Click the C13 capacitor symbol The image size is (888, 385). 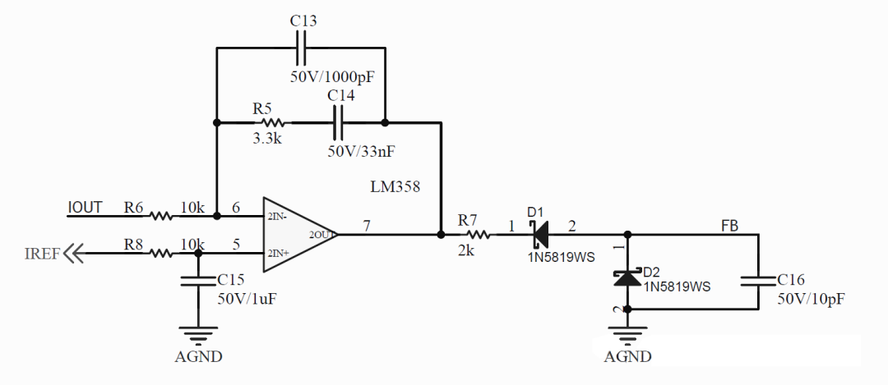coord(301,48)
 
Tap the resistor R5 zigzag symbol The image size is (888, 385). coord(273,122)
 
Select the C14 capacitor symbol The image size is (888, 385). coord(338,122)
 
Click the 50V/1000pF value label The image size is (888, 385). coord(333,77)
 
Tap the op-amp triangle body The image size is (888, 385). coord(301,235)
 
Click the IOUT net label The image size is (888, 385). coord(85,208)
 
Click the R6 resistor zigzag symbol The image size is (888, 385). coord(161,215)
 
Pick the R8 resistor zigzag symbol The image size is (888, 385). coord(161,254)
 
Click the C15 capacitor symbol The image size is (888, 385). coord(197,281)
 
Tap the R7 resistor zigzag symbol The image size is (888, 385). coord(479,234)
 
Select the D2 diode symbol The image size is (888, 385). coord(627,277)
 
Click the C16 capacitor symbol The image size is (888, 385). coord(758,281)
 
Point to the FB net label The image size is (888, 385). coord(729,225)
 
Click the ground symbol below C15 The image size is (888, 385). coord(197,336)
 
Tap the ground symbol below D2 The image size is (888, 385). coord(627,336)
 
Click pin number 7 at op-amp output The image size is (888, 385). coord(367,226)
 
